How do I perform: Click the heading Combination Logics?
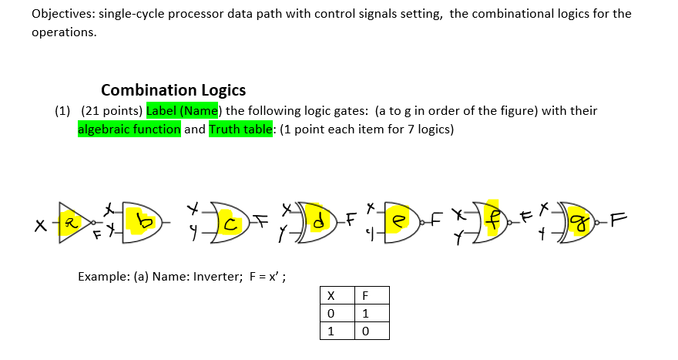pyautogui.click(x=173, y=89)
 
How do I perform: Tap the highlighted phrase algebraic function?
pyautogui.click(x=129, y=129)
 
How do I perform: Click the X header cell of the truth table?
pyautogui.click(x=331, y=296)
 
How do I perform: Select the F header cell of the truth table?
pyautogui.click(x=367, y=296)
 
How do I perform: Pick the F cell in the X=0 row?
pyautogui.click(x=367, y=313)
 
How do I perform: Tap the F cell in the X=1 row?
pyautogui.click(x=367, y=330)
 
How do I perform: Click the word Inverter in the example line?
pyautogui.click(x=220, y=276)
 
